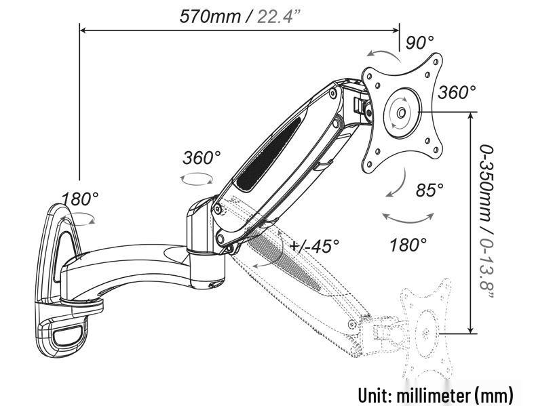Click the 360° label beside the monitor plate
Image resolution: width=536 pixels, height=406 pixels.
tap(457, 92)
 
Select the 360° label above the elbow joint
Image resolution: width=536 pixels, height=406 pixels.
tap(202, 158)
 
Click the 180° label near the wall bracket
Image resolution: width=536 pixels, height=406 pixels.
tap(81, 199)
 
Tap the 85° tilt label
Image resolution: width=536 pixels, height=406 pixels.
tap(429, 190)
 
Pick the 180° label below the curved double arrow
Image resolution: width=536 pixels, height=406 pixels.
tap(408, 244)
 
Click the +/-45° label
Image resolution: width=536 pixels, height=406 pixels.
tap(314, 245)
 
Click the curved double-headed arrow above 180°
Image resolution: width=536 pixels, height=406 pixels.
tap(408, 219)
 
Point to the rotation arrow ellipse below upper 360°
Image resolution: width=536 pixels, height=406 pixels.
tap(197, 178)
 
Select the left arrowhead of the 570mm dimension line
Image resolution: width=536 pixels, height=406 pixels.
tap(83, 29)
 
